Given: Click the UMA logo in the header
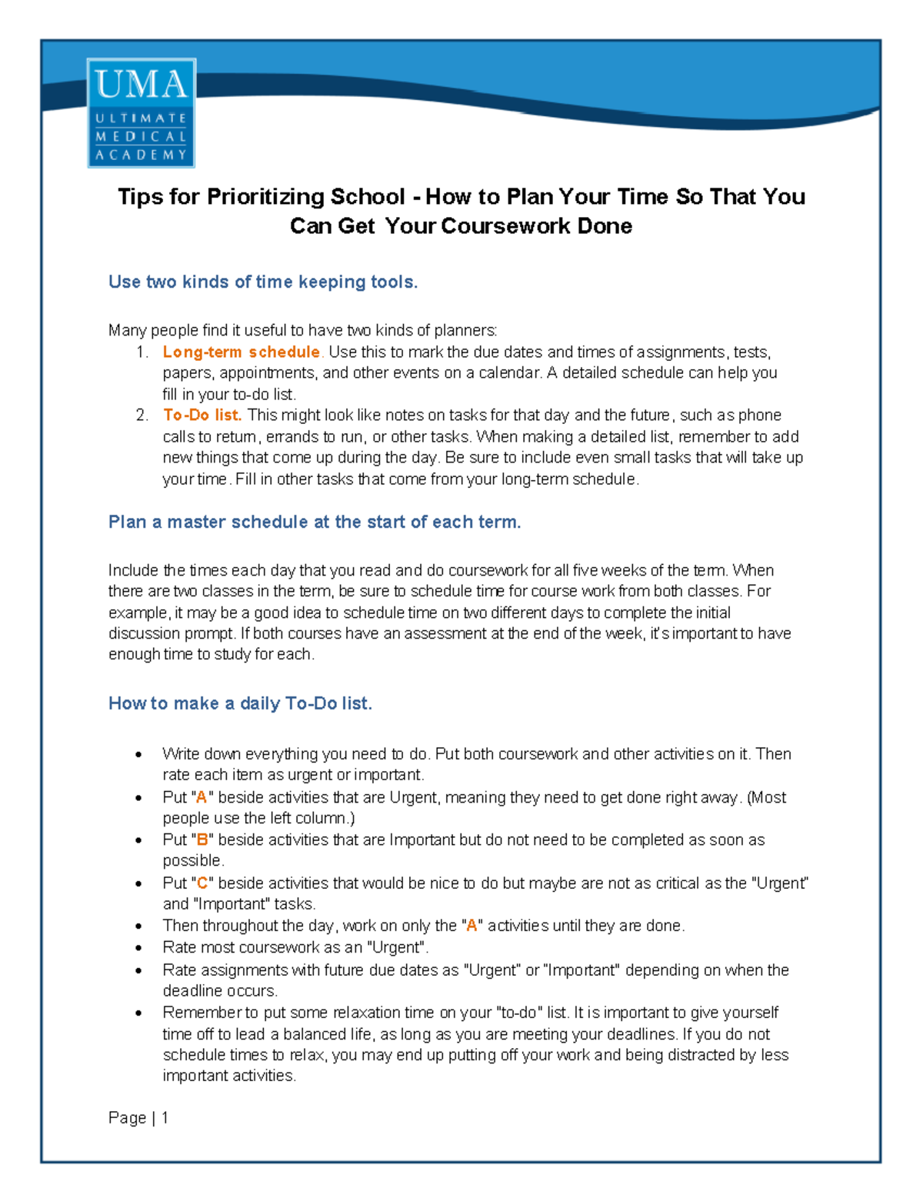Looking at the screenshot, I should (x=142, y=112).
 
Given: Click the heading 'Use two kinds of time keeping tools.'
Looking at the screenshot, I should (x=263, y=282).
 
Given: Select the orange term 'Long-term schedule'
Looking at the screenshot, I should (x=241, y=352).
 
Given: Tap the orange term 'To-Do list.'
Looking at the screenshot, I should (x=202, y=416).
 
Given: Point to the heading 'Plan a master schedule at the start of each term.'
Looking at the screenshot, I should (x=315, y=522).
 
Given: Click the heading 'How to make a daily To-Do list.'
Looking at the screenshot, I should (x=240, y=704).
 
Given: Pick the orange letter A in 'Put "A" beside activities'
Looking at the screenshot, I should (x=202, y=798).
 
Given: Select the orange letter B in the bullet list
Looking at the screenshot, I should (x=202, y=840).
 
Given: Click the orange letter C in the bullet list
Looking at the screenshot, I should (x=202, y=883).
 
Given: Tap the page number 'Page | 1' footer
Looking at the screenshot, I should (x=138, y=1118).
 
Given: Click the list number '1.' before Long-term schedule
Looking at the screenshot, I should (x=142, y=352).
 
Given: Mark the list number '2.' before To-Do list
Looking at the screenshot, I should (x=142, y=416).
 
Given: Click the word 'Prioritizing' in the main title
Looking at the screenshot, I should (x=265, y=197).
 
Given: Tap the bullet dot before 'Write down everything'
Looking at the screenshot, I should (x=138, y=755).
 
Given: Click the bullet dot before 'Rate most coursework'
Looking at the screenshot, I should (x=138, y=949).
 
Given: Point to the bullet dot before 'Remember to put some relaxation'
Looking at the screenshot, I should (x=138, y=1013).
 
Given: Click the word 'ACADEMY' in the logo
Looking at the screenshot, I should (x=142, y=155).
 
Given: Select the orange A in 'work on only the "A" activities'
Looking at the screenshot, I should (x=472, y=926).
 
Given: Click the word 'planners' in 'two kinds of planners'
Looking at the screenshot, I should (x=465, y=331).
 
